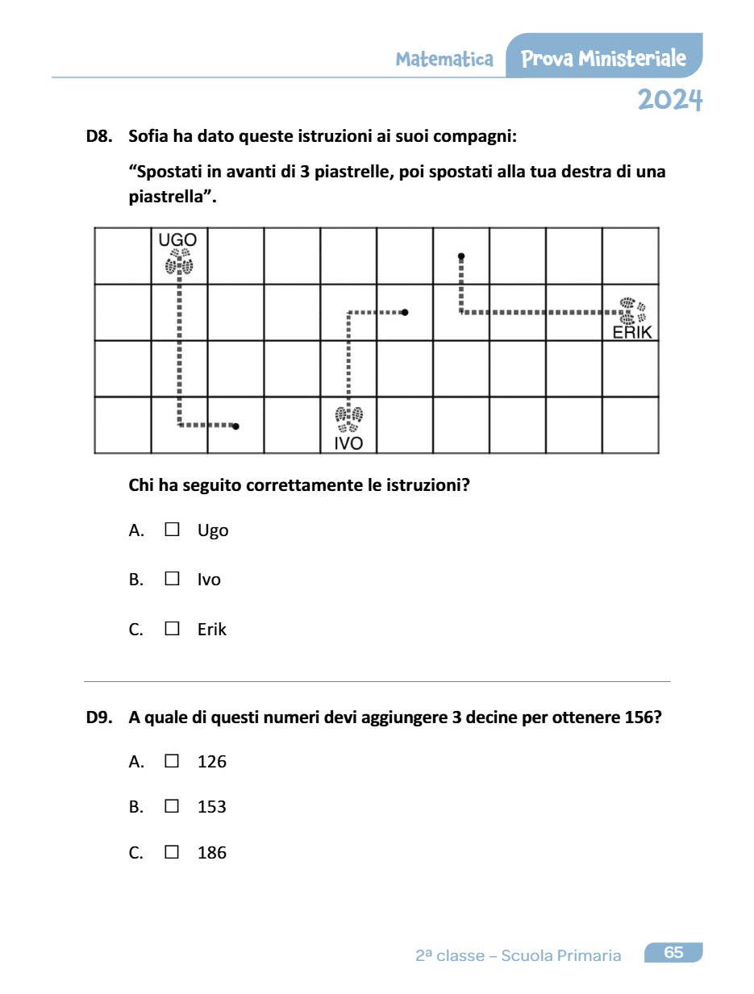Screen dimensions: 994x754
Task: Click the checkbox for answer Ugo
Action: pyautogui.click(x=172, y=530)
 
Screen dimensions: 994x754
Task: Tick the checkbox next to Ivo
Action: pyautogui.click(x=172, y=579)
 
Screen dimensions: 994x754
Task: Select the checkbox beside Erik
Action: pyautogui.click(x=172, y=629)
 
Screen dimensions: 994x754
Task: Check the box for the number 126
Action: pyautogui.click(x=172, y=760)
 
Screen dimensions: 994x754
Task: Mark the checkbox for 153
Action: pyautogui.click(x=172, y=806)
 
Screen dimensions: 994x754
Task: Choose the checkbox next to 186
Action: pyautogui.click(x=172, y=852)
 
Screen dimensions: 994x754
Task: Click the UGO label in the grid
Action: pyautogui.click(x=177, y=239)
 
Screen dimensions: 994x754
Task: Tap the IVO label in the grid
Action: pyautogui.click(x=348, y=443)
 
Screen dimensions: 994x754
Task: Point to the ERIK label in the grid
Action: pyautogui.click(x=631, y=332)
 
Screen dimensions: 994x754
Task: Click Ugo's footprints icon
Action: pyautogui.click(x=179, y=261)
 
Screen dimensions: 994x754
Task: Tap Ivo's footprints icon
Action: pyautogui.click(x=348, y=419)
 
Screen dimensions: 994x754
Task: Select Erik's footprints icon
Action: pyautogui.click(x=632, y=312)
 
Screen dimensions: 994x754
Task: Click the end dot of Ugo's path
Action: pyautogui.click(x=235, y=426)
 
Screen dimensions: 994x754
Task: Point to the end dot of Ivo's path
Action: pyautogui.click(x=405, y=312)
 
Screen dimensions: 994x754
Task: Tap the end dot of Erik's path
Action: pyautogui.click(x=461, y=256)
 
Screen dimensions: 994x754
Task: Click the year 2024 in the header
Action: pyautogui.click(x=669, y=100)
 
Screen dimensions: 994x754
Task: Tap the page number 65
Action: pyautogui.click(x=673, y=953)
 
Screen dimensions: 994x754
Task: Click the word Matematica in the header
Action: pyautogui.click(x=444, y=59)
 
